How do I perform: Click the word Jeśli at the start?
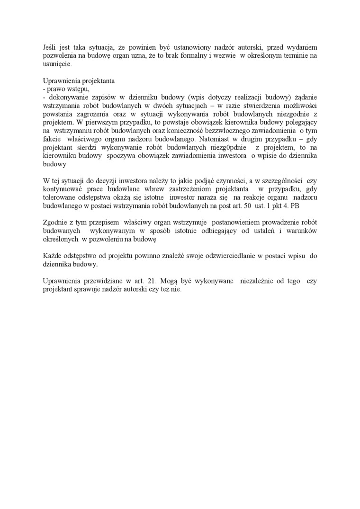49,48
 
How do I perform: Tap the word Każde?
52,256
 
